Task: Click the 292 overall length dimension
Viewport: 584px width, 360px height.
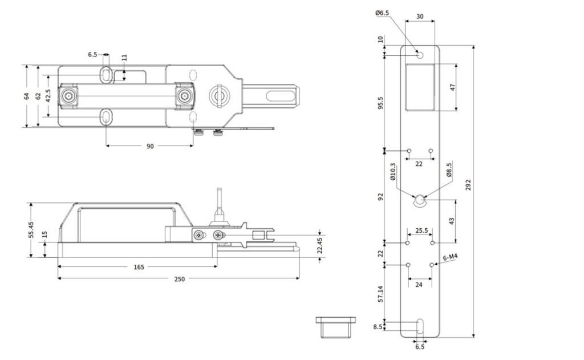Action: click(x=468, y=185)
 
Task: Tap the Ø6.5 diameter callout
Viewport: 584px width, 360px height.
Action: click(x=382, y=13)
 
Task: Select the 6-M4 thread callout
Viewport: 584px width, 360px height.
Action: click(x=450, y=257)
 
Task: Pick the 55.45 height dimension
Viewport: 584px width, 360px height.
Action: click(x=31, y=230)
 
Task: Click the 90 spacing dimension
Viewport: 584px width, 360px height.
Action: click(x=149, y=147)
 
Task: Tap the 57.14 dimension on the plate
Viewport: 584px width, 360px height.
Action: click(x=381, y=293)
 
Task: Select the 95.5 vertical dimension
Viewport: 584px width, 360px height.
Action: click(x=381, y=103)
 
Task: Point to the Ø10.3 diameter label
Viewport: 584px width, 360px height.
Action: click(x=393, y=172)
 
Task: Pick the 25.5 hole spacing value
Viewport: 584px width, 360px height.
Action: click(x=421, y=231)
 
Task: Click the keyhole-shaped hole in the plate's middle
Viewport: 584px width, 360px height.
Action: click(x=420, y=200)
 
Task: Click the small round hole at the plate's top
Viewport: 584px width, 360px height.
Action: click(x=420, y=54)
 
